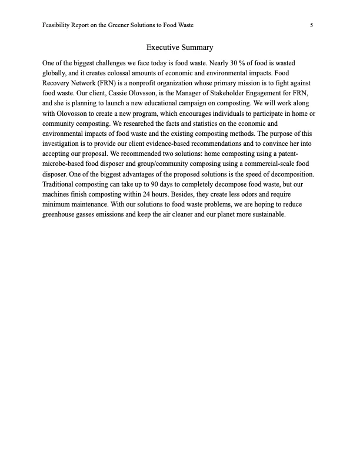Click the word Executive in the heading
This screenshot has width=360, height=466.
tap(164, 47)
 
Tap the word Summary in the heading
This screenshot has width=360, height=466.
tap(198, 47)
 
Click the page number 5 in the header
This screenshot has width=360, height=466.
tap(311, 25)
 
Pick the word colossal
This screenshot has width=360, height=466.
tap(132, 73)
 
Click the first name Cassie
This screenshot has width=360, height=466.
tap(98, 94)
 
